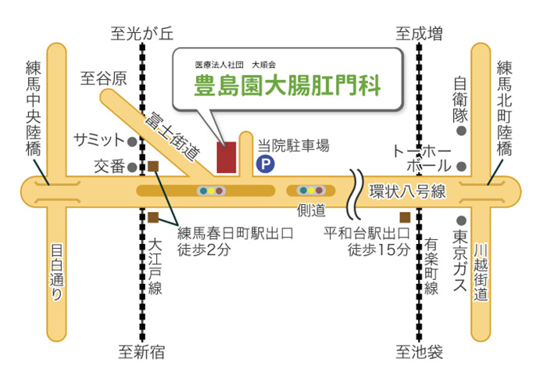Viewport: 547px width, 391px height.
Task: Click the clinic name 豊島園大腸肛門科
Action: pyautogui.click(x=288, y=84)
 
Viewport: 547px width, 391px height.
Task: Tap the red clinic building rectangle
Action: pyautogui.click(x=227, y=157)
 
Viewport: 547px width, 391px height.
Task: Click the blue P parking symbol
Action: pyautogui.click(x=266, y=163)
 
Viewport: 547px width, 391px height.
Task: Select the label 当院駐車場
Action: pyautogui.click(x=293, y=145)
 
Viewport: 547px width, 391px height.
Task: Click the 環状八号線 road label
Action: pyautogui.click(x=406, y=192)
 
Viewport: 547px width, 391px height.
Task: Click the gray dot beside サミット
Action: pyautogui.click(x=132, y=142)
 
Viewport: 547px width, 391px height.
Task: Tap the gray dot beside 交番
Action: pyautogui.click(x=132, y=167)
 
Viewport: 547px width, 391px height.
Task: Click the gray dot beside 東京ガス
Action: pyautogui.click(x=462, y=221)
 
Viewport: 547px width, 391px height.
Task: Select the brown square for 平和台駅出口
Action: pyautogui.click(x=403, y=217)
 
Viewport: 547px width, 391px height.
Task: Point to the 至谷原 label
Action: pyautogui.click(x=104, y=78)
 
